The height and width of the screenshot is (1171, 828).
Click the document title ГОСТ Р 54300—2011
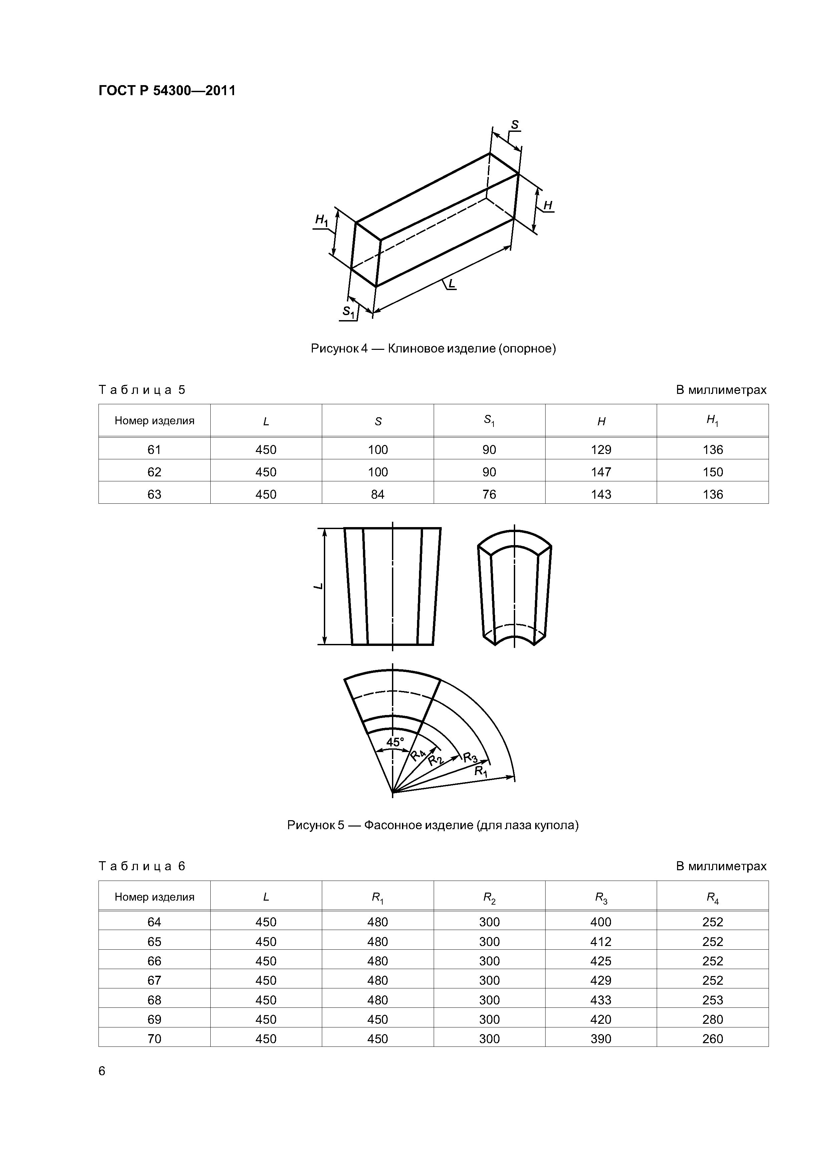(167, 91)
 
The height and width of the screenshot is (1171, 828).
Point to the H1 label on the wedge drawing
(322, 220)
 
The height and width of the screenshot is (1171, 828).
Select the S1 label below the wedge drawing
(349, 312)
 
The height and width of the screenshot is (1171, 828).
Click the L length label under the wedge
(451, 283)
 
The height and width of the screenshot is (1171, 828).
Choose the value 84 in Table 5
(378, 494)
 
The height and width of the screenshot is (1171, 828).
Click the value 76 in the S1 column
(489, 494)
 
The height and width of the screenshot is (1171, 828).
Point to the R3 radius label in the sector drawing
(470, 758)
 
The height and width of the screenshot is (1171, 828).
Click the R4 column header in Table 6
(712, 897)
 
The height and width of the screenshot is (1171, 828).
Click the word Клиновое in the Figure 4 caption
(415, 349)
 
